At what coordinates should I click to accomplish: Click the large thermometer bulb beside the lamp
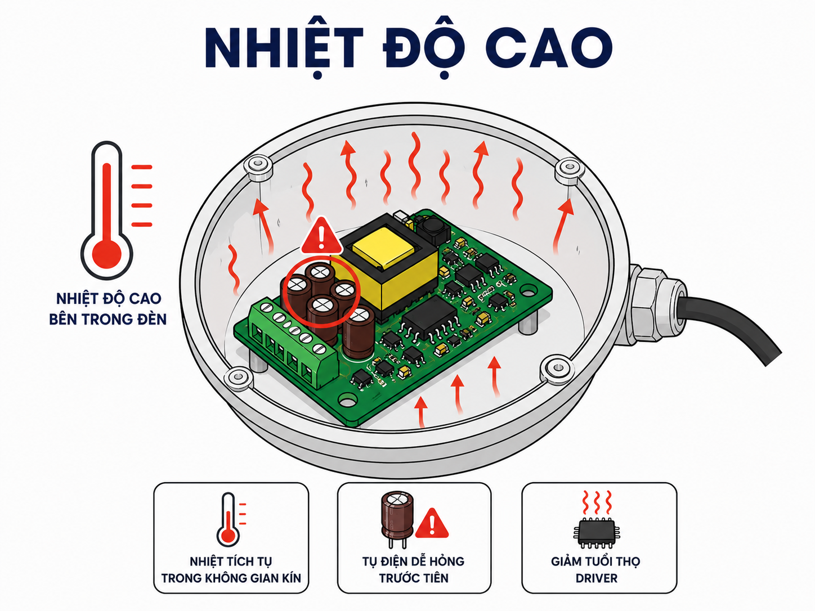[107, 255]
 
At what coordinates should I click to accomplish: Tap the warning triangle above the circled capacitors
[321, 236]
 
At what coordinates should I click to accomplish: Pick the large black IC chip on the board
[430, 320]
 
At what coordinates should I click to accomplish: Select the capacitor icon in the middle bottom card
[397, 519]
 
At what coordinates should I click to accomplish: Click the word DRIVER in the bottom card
[596, 578]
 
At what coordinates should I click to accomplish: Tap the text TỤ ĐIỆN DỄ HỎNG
[413, 561]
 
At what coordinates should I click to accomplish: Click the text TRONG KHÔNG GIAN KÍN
[231, 578]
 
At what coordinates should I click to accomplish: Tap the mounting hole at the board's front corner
[346, 401]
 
